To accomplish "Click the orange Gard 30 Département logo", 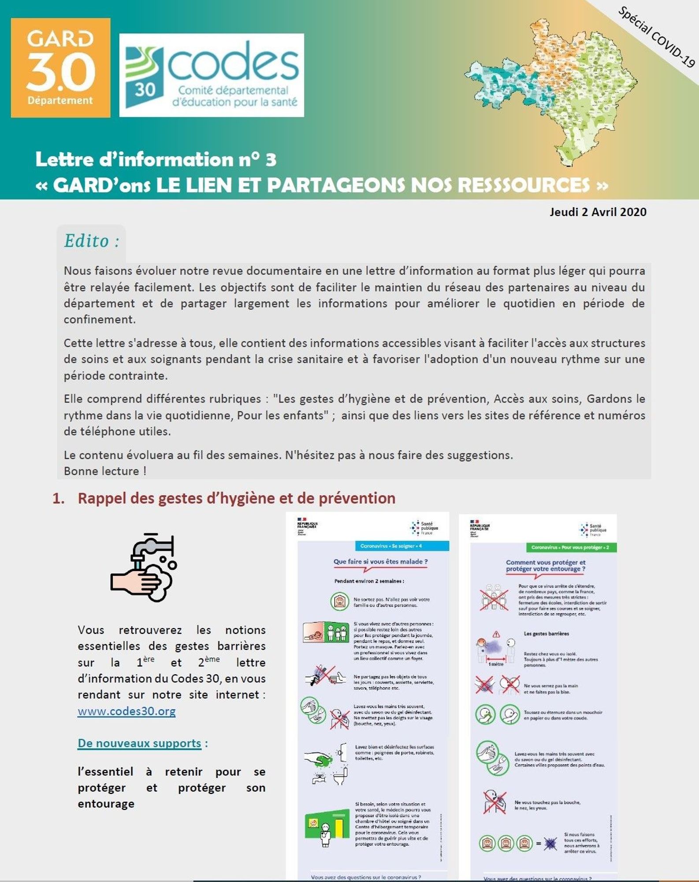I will pyautogui.click(x=60, y=68).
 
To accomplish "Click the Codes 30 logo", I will pyautogui.click(x=212, y=75).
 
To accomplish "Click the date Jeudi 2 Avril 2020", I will pyautogui.click(x=598, y=212).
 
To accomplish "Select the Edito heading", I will pyautogui.click(x=92, y=241).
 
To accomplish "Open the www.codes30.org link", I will pyautogui.click(x=126, y=711).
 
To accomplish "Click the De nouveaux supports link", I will pyautogui.click(x=139, y=743).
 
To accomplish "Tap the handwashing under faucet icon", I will pyautogui.click(x=144, y=568).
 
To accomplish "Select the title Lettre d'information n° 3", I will pyautogui.click(x=156, y=160).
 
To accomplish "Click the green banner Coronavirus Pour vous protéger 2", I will pyautogui.click(x=571, y=547).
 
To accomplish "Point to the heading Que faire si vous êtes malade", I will pyautogui.click(x=380, y=561).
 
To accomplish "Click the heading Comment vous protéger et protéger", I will pyautogui.click(x=545, y=565).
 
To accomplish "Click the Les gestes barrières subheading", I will pyautogui.click(x=546, y=634).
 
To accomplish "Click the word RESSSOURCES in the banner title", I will pyautogui.click(x=524, y=185).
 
